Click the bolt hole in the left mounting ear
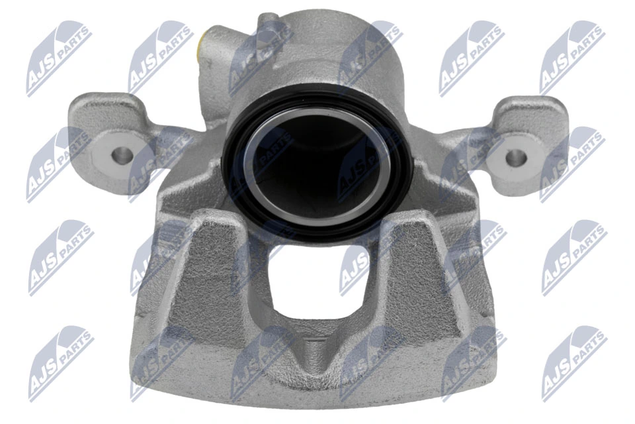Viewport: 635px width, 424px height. click(121, 156)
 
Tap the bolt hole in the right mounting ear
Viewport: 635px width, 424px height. click(517, 158)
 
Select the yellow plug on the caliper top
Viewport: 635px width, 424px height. click(202, 48)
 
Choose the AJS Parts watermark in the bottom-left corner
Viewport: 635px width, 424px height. click(60, 364)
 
